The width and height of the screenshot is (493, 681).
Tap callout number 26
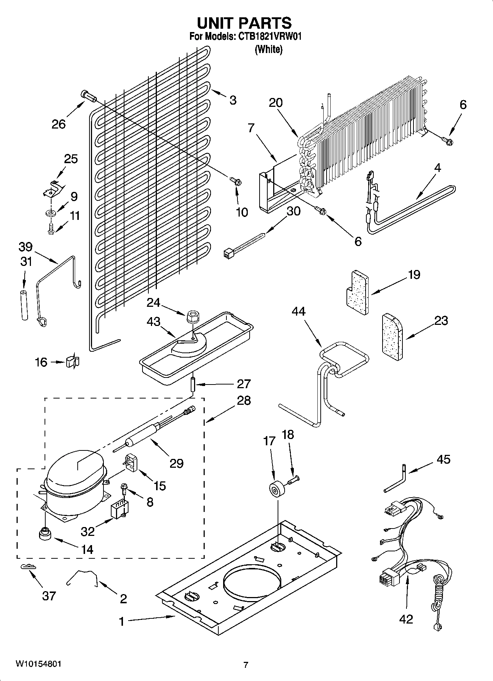point(59,124)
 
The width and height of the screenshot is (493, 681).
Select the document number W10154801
point(38,664)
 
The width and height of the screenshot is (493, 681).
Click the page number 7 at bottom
point(246,665)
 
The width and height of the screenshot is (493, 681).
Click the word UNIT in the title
point(215,23)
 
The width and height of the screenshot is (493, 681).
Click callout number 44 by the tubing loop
point(299,311)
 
